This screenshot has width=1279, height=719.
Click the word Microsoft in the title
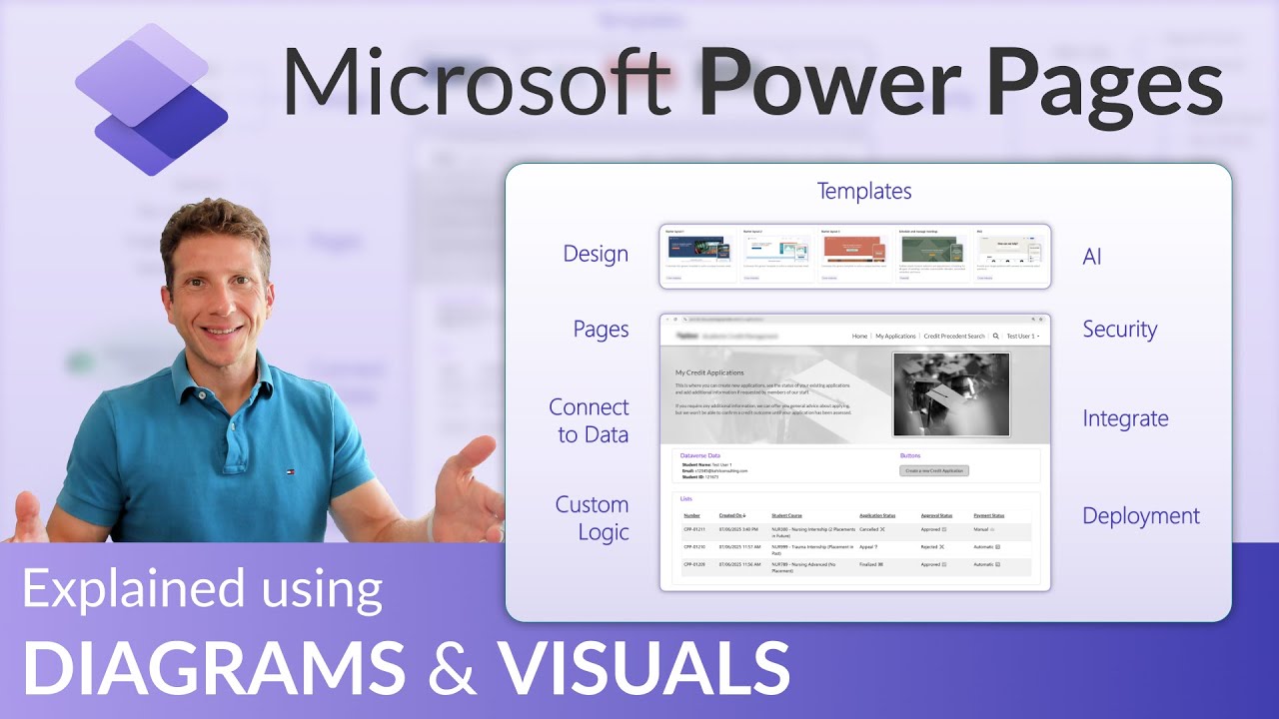tap(476, 83)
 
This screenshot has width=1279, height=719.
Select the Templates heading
tap(864, 191)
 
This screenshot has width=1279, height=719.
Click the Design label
tap(596, 254)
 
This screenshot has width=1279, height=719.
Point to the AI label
tap(1092, 257)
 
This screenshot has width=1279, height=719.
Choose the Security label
tap(1119, 330)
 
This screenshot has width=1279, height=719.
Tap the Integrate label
tap(1125, 419)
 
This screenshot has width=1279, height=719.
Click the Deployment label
tap(1141, 516)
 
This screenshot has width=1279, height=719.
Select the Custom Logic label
tap(593, 518)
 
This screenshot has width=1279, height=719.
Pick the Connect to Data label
tap(590, 420)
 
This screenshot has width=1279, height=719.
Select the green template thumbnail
tap(931, 250)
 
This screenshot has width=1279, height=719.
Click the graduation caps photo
tap(950, 394)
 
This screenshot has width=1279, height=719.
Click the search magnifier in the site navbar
tap(995, 337)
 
